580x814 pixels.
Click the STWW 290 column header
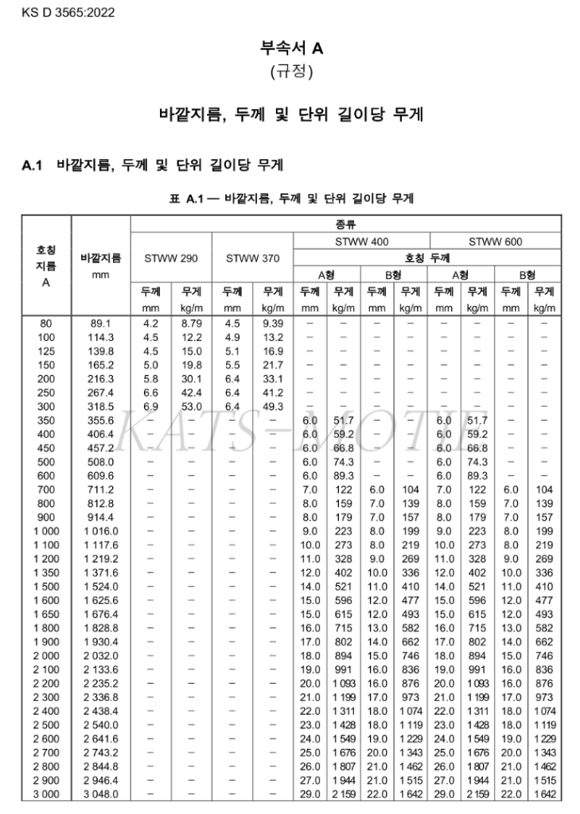point(170,258)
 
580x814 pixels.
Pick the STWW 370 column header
point(252,258)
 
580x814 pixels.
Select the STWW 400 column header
point(361,241)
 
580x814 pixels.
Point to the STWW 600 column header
point(495,241)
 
